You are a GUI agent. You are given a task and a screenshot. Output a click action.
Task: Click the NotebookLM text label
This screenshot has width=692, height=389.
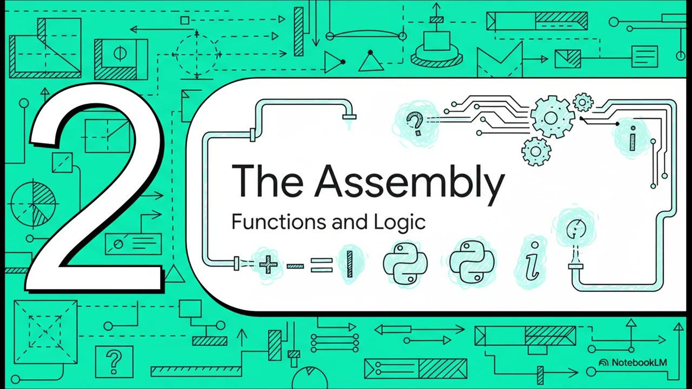[x=639, y=363]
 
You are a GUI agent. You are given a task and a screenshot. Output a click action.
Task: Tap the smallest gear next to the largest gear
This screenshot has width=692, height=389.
[x=583, y=102]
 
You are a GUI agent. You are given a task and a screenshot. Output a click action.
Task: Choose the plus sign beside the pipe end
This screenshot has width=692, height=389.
[x=268, y=265]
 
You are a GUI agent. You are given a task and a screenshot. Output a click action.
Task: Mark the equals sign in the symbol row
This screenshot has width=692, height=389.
[x=322, y=265]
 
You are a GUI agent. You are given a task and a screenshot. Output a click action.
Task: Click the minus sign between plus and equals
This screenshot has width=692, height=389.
[x=295, y=266]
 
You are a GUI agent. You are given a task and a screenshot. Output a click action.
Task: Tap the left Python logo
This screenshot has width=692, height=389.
[x=405, y=263]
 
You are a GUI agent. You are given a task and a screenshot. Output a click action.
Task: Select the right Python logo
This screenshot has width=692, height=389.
[x=472, y=262]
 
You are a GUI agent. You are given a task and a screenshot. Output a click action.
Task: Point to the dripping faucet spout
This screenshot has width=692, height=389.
[x=349, y=117]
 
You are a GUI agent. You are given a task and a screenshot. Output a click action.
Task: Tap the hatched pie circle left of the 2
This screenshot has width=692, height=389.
[x=33, y=204]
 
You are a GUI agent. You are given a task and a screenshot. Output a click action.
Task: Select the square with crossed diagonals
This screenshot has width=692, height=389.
[x=45, y=332]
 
